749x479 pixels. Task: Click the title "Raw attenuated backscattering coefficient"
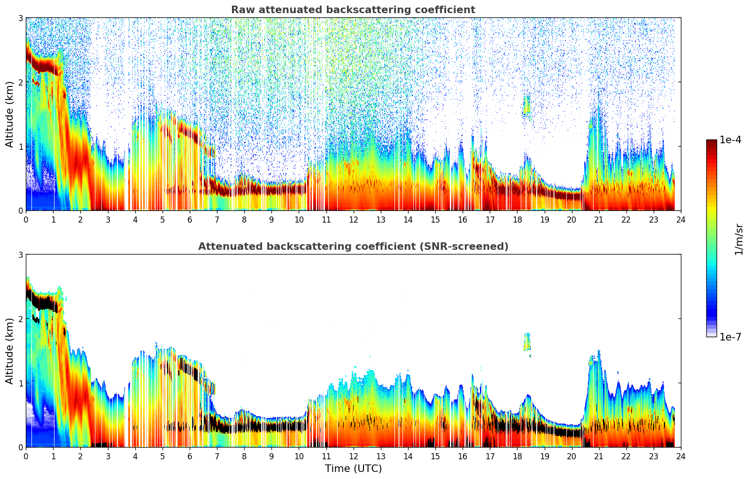[x=353, y=10]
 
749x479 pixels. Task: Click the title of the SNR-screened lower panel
[x=353, y=247]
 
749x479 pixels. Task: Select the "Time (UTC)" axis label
[x=353, y=468]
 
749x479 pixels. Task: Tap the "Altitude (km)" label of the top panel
[x=9, y=114]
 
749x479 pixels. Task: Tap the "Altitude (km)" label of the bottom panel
[x=9, y=351]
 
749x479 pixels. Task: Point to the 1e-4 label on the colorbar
[x=730, y=140]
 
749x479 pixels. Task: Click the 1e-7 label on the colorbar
[x=730, y=337]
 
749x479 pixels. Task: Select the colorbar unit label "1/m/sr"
[x=739, y=239]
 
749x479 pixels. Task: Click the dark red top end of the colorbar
[x=711, y=142]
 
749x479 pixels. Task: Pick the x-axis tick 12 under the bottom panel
[x=353, y=456]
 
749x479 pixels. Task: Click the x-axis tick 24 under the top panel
[x=680, y=219]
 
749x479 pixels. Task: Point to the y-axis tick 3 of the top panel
[x=21, y=18]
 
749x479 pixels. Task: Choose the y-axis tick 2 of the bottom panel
[x=21, y=319]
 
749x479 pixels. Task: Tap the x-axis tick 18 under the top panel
[x=517, y=219]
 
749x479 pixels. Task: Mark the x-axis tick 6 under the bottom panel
[x=190, y=456]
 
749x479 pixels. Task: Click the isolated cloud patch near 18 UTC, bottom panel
[x=527, y=342]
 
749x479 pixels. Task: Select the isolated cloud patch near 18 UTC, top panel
[x=527, y=106]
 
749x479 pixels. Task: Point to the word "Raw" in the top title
[x=241, y=10]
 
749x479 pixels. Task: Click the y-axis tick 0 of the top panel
[x=21, y=210]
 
